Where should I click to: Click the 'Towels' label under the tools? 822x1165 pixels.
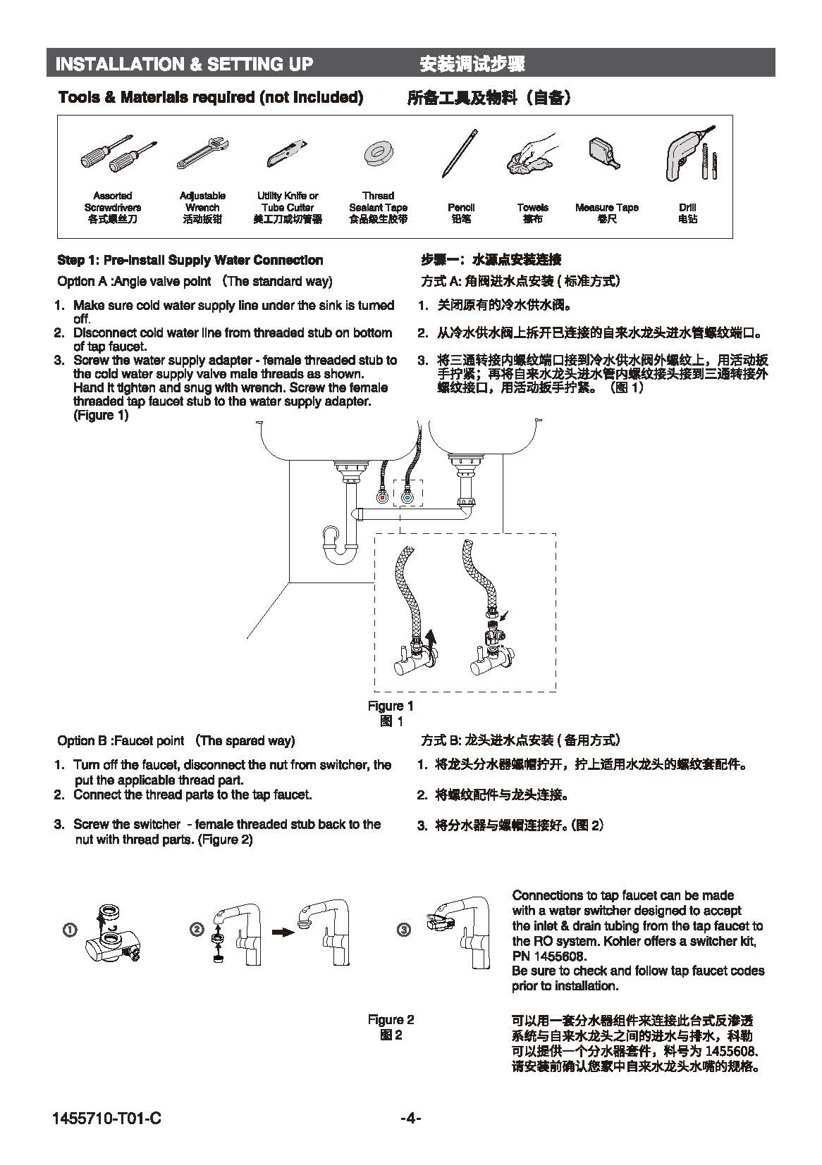pos(532,208)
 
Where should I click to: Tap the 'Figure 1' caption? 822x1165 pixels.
pos(391,706)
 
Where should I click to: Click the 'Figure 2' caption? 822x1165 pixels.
pos(391,1019)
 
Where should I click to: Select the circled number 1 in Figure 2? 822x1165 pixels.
pos(70,930)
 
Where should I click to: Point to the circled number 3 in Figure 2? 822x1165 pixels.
pos(404,930)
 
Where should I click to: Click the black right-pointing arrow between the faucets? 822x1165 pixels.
pos(283,931)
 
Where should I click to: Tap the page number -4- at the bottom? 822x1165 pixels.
pos(410,1117)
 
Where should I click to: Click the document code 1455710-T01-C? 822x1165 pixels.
pos(106,1118)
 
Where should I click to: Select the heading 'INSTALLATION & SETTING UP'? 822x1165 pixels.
pos(184,65)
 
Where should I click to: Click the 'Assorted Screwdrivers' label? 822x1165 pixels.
pos(113,201)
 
